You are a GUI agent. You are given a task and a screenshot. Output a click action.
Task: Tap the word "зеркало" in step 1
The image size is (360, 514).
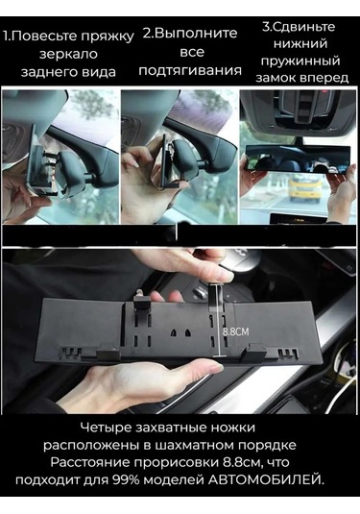[x=68, y=54]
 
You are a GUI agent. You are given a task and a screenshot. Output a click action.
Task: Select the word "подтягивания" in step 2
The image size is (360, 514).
[x=190, y=71]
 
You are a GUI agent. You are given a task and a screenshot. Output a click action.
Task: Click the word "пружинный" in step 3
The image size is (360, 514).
[x=300, y=61]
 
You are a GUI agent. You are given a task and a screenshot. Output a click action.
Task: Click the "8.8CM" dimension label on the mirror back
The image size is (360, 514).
[x=236, y=331]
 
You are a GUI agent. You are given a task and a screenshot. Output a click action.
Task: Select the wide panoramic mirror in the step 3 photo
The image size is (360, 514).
[x=298, y=159]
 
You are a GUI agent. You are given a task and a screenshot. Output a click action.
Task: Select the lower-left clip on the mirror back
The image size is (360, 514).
[x=108, y=353]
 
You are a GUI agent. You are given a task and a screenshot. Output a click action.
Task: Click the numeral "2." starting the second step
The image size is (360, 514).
[x=147, y=34]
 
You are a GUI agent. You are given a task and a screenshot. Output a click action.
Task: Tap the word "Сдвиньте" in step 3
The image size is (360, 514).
[x=303, y=27]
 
